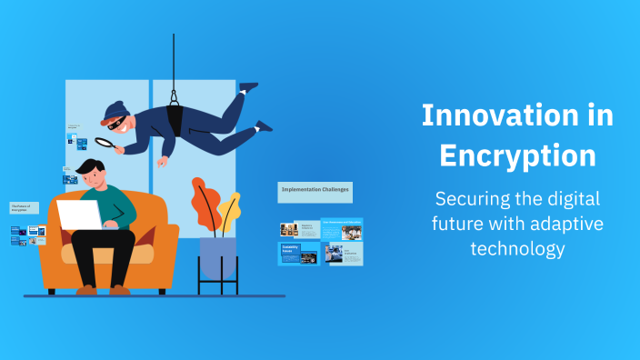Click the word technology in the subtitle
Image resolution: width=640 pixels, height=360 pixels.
point(517,247)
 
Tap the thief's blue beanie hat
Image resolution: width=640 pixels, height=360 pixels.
point(114,111)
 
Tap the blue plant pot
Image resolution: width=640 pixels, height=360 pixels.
point(218,257)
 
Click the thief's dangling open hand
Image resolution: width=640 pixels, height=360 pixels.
point(162,163)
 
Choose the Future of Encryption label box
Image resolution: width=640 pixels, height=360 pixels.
point(24,208)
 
